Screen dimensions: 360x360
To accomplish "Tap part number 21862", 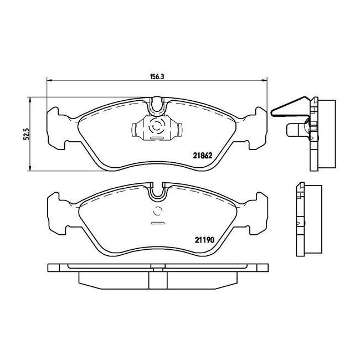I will [x=203, y=156].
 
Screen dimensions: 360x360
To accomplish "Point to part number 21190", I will [x=203, y=240].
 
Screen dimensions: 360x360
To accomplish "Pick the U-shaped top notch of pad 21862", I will [x=157, y=103].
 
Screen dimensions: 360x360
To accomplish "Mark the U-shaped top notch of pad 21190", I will [x=157, y=190].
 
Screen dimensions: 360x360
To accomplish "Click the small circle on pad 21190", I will [x=157, y=211].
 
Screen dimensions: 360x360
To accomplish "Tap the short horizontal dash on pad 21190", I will [x=157, y=223].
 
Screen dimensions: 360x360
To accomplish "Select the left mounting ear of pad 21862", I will [x=58, y=128].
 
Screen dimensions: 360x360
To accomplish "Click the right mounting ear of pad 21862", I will [x=256, y=128].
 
